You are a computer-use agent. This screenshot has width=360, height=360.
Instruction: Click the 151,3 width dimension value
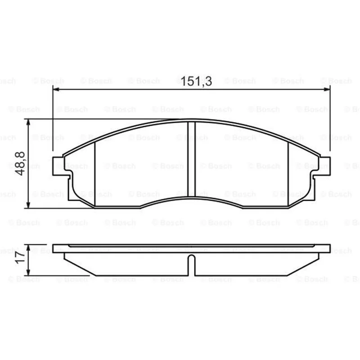click(196, 81)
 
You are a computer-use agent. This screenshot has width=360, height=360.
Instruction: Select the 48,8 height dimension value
click(20, 163)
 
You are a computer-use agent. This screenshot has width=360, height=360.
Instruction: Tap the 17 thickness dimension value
click(20, 257)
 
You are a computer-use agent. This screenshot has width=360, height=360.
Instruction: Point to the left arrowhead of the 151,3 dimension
click(56, 89)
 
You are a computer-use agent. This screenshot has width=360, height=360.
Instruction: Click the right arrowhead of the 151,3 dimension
click(327, 89)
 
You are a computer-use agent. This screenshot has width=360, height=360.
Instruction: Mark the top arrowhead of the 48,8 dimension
click(28, 122)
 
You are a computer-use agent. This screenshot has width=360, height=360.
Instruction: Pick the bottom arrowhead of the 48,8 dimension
click(28, 205)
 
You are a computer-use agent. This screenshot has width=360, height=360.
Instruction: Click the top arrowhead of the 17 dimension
click(28, 248)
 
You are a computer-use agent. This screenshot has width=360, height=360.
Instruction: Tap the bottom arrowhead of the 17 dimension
click(28, 272)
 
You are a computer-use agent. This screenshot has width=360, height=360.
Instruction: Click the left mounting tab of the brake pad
click(58, 166)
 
